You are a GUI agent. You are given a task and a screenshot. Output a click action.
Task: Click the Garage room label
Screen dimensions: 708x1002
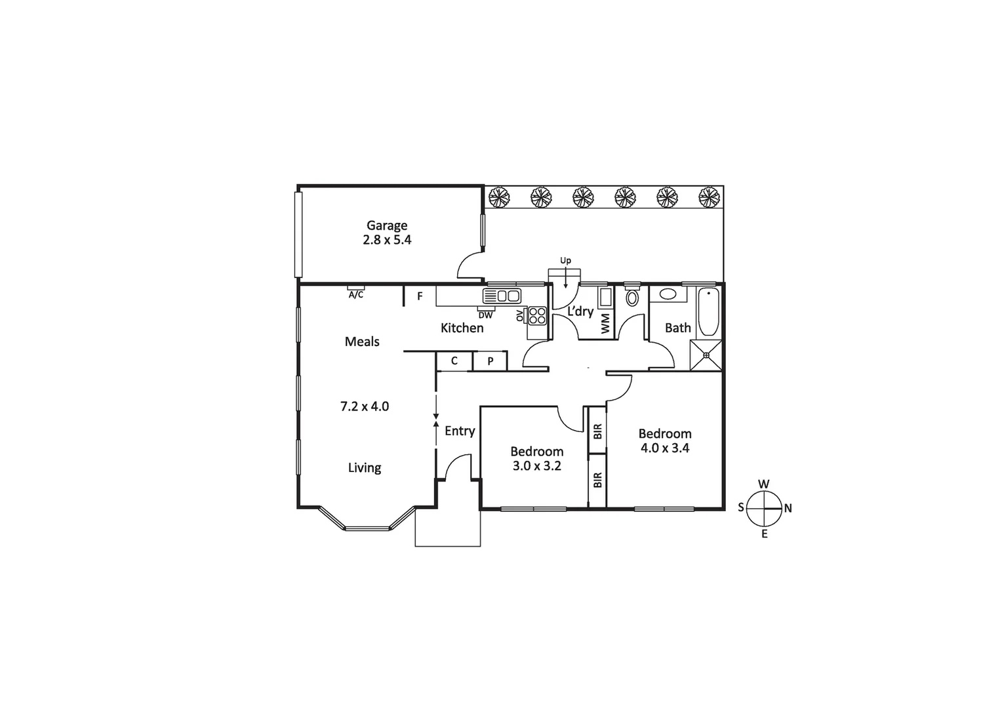(386, 226)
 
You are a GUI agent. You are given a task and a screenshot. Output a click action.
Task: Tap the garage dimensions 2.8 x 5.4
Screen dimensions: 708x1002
(387, 240)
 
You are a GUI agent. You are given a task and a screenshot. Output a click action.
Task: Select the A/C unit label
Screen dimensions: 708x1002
(355, 295)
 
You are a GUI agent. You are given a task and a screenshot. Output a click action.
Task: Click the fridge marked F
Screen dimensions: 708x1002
(420, 296)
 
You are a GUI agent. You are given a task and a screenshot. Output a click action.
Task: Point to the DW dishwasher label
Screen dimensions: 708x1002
(485, 315)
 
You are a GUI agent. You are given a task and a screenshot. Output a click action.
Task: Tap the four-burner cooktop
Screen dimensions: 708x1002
(537, 315)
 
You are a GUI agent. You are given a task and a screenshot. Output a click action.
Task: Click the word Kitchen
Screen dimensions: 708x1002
(462, 328)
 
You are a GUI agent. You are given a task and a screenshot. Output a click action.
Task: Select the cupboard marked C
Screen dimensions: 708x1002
(454, 361)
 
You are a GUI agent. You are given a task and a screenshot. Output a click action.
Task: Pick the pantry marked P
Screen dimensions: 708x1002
(490, 361)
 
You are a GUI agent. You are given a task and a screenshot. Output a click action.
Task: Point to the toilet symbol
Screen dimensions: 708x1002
(631, 297)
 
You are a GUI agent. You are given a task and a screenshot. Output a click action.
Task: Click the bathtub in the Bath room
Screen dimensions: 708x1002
(708, 312)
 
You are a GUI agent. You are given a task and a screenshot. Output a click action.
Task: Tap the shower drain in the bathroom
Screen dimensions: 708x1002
(706, 355)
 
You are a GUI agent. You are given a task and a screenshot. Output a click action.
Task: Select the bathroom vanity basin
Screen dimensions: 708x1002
(668, 294)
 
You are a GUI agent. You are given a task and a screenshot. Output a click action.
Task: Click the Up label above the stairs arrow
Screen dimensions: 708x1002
(565, 260)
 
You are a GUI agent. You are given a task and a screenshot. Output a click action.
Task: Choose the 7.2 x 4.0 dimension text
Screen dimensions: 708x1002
(364, 406)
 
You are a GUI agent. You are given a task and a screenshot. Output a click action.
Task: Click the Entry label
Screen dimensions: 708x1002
(459, 431)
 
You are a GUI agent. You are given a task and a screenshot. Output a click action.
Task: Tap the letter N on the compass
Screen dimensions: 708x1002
(788, 508)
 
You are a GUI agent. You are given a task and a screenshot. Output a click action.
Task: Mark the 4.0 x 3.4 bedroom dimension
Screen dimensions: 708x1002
(664, 448)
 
